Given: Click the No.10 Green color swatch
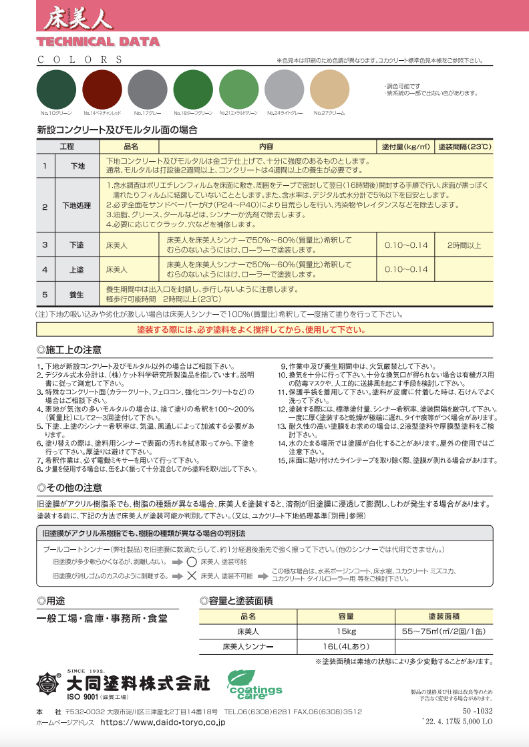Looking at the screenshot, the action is pyautogui.click(x=56, y=90).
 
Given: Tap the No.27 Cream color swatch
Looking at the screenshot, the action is pyautogui.click(x=329, y=90).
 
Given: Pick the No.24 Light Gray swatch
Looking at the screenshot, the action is pyautogui.click(x=284, y=90).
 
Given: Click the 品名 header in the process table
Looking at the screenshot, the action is pyautogui.click(x=131, y=146).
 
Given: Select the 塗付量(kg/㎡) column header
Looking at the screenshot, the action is pyautogui.click(x=405, y=146).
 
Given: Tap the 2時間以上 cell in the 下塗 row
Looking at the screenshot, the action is pyautogui.click(x=464, y=245).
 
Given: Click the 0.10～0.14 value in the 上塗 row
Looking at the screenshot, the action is pyautogui.click(x=405, y=269).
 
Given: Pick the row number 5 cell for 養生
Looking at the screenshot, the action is pyautogui.click(x=45, y=293).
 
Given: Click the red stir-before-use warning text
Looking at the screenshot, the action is pyautogui.click(x=250, y=329).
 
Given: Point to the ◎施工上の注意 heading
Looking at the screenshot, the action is pyautogui.click(x=69, y=349).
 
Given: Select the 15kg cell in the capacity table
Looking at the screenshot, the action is pyautogui.click(x=346, y=631).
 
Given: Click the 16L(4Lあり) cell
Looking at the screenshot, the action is pyautogui.click(x=346, y=647).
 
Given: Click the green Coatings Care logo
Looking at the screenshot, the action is pyautogui.click(x=254, y=684).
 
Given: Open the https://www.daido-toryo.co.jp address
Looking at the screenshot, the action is pyautogui.click(x=162, y=722).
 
